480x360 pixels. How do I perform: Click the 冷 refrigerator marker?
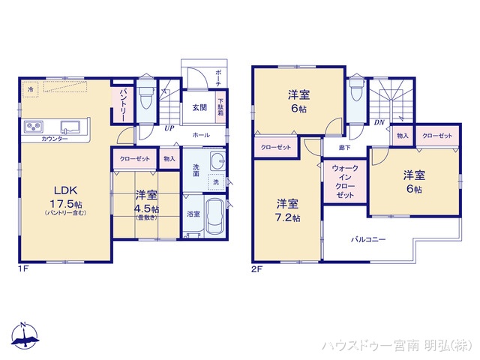point(31,89)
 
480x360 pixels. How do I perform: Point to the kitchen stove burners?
point(34,125)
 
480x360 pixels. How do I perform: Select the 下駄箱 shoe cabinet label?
point(220,106)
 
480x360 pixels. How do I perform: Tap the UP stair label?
point(170,128)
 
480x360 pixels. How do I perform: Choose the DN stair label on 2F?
point(379,123)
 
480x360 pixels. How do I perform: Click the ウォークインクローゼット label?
point(345,180)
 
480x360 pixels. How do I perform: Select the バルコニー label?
point(369,240)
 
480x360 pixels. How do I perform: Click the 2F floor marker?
point(256,267)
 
